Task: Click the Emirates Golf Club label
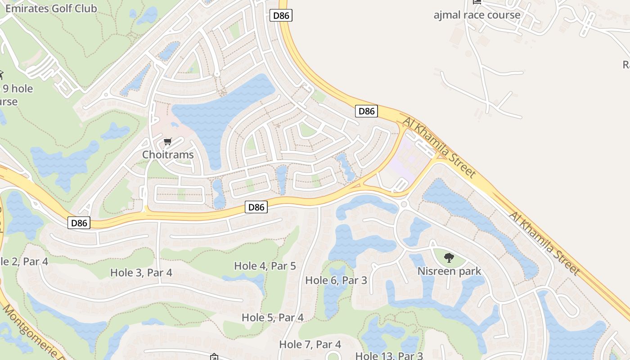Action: pyautogui.click(x=51, y=8)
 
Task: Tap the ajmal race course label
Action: pyautogui.click(x=477, y=15)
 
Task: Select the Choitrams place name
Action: pyautogui.click(x=168, y=154)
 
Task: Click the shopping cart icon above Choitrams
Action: pyautogui.click(x=167, y=142)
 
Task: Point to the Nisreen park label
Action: pyautogui.click(x=449, y=271)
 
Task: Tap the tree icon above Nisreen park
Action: pyautogui.click(x=449, y=258)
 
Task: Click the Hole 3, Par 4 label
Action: pyautogui.click(x=141, y=272)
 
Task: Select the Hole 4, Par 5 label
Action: pyautogui.click(x=265, y=265)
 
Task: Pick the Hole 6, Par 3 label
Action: pyautogui.click(x=336, y=280)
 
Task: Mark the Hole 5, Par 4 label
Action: pyautogui.click(x=273, y=317)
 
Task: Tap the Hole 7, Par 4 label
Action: pyautogui.click(x=310, y=344)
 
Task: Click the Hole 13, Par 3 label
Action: pyautogui.click(x=389, y=355)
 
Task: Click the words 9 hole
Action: pyautogui.click(x=18, y=88)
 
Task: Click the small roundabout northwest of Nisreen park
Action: pyautogui.click(x=404, y=204)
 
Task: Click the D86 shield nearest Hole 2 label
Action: pyautogui.click(x=79, y=222)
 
